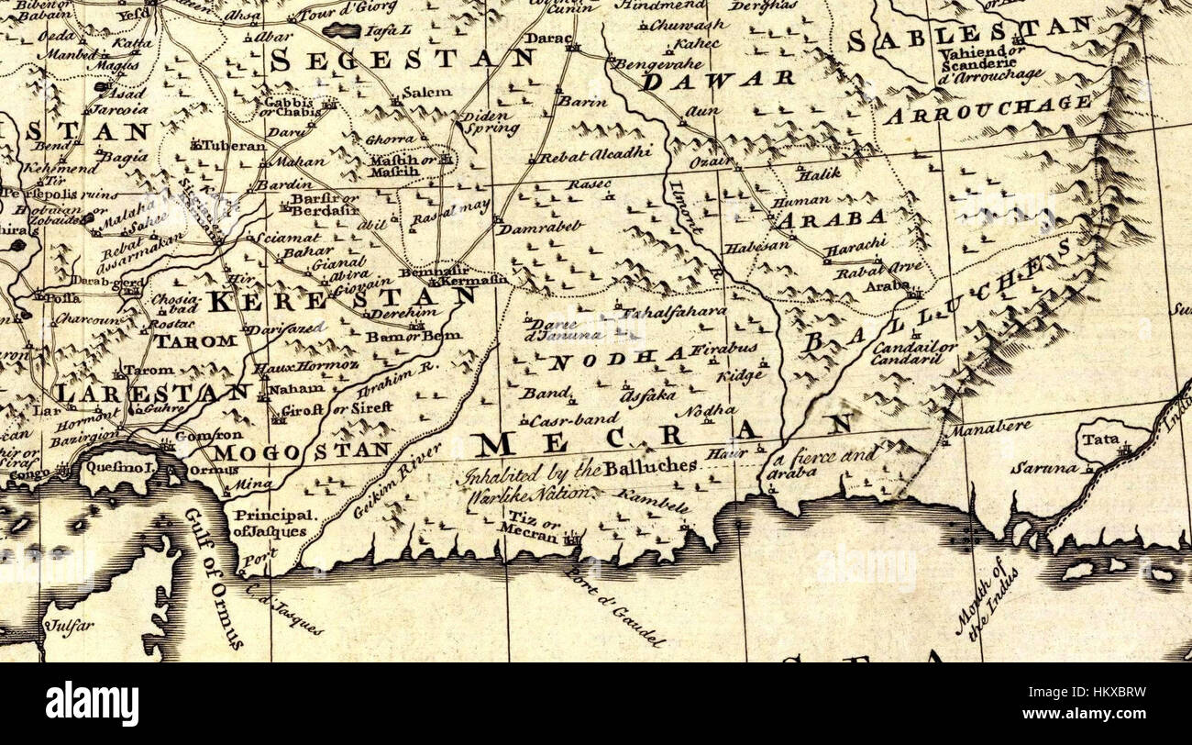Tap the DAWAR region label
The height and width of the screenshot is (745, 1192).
point(717,81)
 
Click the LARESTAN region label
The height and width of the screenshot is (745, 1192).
point(150,394)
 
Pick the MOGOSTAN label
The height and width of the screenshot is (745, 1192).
point(302,450)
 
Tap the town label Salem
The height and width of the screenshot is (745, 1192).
point(426,92)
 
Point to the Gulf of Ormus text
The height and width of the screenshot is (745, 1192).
point(212,578)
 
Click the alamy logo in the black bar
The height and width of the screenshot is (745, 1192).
point(92,704)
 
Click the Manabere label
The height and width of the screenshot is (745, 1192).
point(990,428)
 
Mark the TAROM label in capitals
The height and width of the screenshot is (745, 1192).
point(194,340)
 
